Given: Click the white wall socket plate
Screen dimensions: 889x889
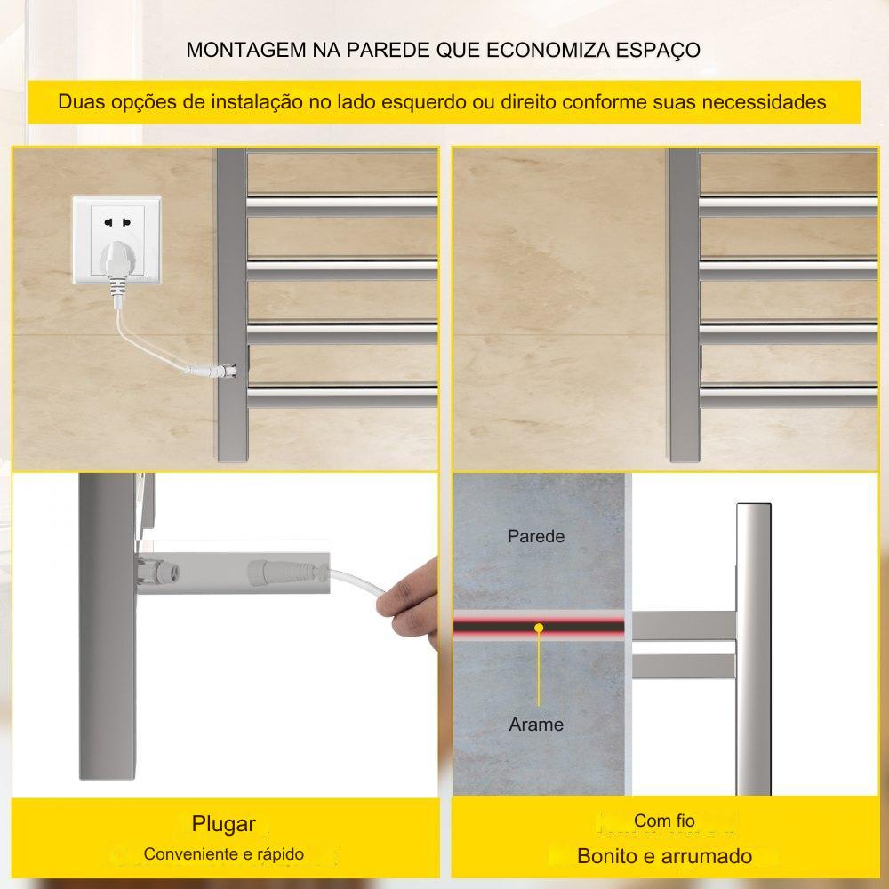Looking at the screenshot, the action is pyautogui.click(x=116, y=239).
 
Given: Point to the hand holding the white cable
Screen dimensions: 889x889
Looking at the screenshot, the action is pyautogui.click(x=409, y=603).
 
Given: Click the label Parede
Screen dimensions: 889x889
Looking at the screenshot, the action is pyautogui.click(x=536, y=536).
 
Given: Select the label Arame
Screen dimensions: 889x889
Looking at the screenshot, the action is pyautogui.click(x=536, y=724).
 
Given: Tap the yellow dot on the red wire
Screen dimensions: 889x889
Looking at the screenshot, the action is pyautogui.click(x=539, y=628).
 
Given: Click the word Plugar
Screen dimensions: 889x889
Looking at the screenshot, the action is pyautogui.click(x=223, y=824).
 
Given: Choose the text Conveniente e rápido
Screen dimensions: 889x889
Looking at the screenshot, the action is pyautogui.click(x=223, y=853).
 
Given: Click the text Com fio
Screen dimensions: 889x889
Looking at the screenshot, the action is pyautogui.click(x=664, y=821).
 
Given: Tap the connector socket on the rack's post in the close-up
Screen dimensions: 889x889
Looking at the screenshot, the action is pyautogui.click(x=157, y=571).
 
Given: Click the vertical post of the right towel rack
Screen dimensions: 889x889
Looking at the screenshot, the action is pyautogui.click(x=684, y=305).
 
